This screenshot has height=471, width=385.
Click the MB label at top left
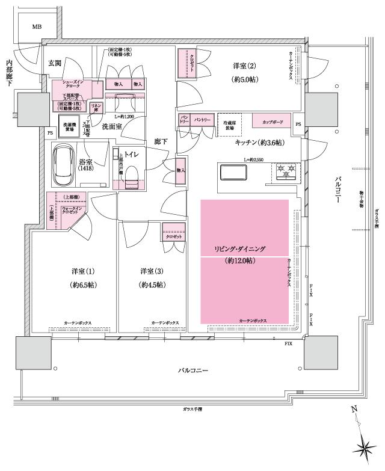(x=37, y=26)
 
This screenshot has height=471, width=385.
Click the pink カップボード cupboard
(x=273, y=122)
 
